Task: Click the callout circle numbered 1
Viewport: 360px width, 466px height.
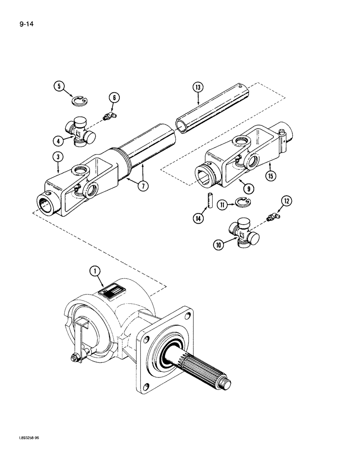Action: click(x=95, y=271)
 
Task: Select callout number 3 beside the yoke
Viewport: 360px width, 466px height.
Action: click(x=57, y=158)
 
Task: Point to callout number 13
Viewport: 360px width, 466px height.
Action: click(x=197, y=87)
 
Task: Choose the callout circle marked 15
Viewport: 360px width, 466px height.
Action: click(x=270, y=176)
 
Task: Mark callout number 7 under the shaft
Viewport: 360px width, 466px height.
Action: click(x=143, y=185)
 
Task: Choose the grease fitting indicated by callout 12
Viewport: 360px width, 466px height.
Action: click(x=273, y=216)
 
